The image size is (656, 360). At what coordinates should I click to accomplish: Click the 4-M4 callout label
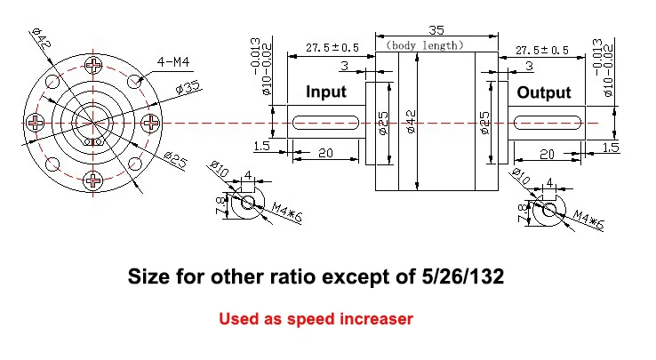pyautogui.click(x=173, y=62)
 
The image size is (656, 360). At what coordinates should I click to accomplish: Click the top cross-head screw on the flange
pyautogui.click(x=93, y=65)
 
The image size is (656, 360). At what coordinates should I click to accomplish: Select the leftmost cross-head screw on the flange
pyautogui.click(x=36, y=123)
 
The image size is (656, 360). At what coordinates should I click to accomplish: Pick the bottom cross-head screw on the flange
pyautogui.click(x=92, y=180)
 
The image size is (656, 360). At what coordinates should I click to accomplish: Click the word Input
pyautogui.click(x=326, y=92)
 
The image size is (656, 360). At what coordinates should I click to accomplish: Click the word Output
pyautogui.click(x=544, y=92)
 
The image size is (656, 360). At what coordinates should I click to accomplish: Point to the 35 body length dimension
pyautogui.click(x=436, y=30)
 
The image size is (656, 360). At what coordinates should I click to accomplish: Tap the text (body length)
pyautogui.click(x=424, y=45)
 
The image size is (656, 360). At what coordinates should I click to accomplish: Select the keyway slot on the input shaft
pyautogui.click(x=325, y=123)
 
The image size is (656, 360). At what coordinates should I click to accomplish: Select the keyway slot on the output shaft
pyautogui.click(x=548, y=123)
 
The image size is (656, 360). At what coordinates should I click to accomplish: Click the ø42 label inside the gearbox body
pyautogui.click(x=411, y=122)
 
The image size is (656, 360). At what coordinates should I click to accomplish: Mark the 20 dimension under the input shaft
pyautogui.click(x=325, y=153)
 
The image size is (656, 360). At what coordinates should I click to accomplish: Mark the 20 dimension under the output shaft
pyautogui.click(x=547, y=155)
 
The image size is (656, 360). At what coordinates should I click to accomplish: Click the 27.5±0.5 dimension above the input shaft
pyautogui.click(x=332, y=48)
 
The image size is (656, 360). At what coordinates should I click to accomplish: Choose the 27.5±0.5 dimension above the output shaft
pyautogui.click(x=542, y=51)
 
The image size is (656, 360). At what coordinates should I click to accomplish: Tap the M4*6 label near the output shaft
pyautogui.click(x=588, y=220)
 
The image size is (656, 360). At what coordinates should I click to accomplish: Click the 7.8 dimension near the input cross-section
pyautogui.click(x=220, y=205)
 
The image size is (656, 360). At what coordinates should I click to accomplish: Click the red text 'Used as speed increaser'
pyautogui.click(x=316, y=319)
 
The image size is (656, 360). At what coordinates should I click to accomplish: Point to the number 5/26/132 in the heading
pyautogui.click(x=463, y=276)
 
